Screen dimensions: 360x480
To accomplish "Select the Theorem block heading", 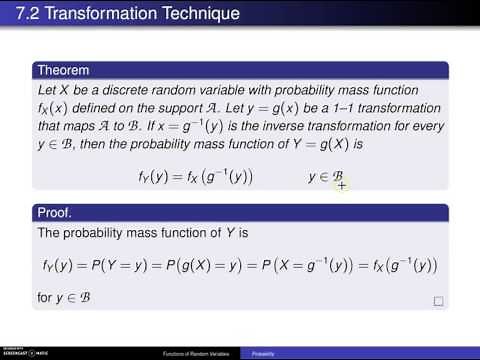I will coord(64,70).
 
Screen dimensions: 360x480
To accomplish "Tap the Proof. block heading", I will coord(57,214).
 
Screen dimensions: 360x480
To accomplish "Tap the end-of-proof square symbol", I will coord(438,300).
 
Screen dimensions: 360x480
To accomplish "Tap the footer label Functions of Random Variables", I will coord(200,353).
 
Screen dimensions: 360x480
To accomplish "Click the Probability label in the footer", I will coord(263,353).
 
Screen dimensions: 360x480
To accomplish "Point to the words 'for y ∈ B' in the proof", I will coord(64,298).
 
